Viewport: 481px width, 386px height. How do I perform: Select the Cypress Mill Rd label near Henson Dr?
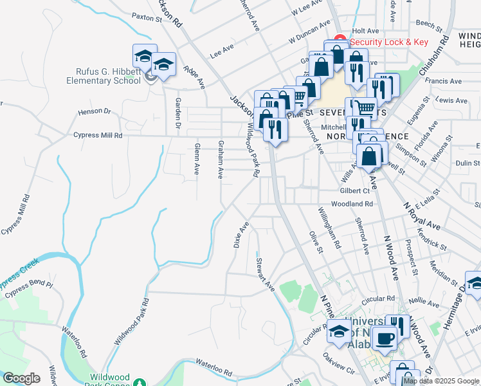click(89, 136)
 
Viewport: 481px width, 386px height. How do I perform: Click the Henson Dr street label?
click(95, 111)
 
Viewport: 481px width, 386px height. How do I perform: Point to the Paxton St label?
click(146, 19)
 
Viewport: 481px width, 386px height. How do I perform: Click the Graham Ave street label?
click(220, 159)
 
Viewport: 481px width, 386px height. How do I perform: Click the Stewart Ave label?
click(266, 275)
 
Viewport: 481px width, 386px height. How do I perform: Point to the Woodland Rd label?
click(352, 204)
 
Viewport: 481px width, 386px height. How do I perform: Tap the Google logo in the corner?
click(21, 378)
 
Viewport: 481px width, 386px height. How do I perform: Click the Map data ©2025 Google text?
click(441, 381)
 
